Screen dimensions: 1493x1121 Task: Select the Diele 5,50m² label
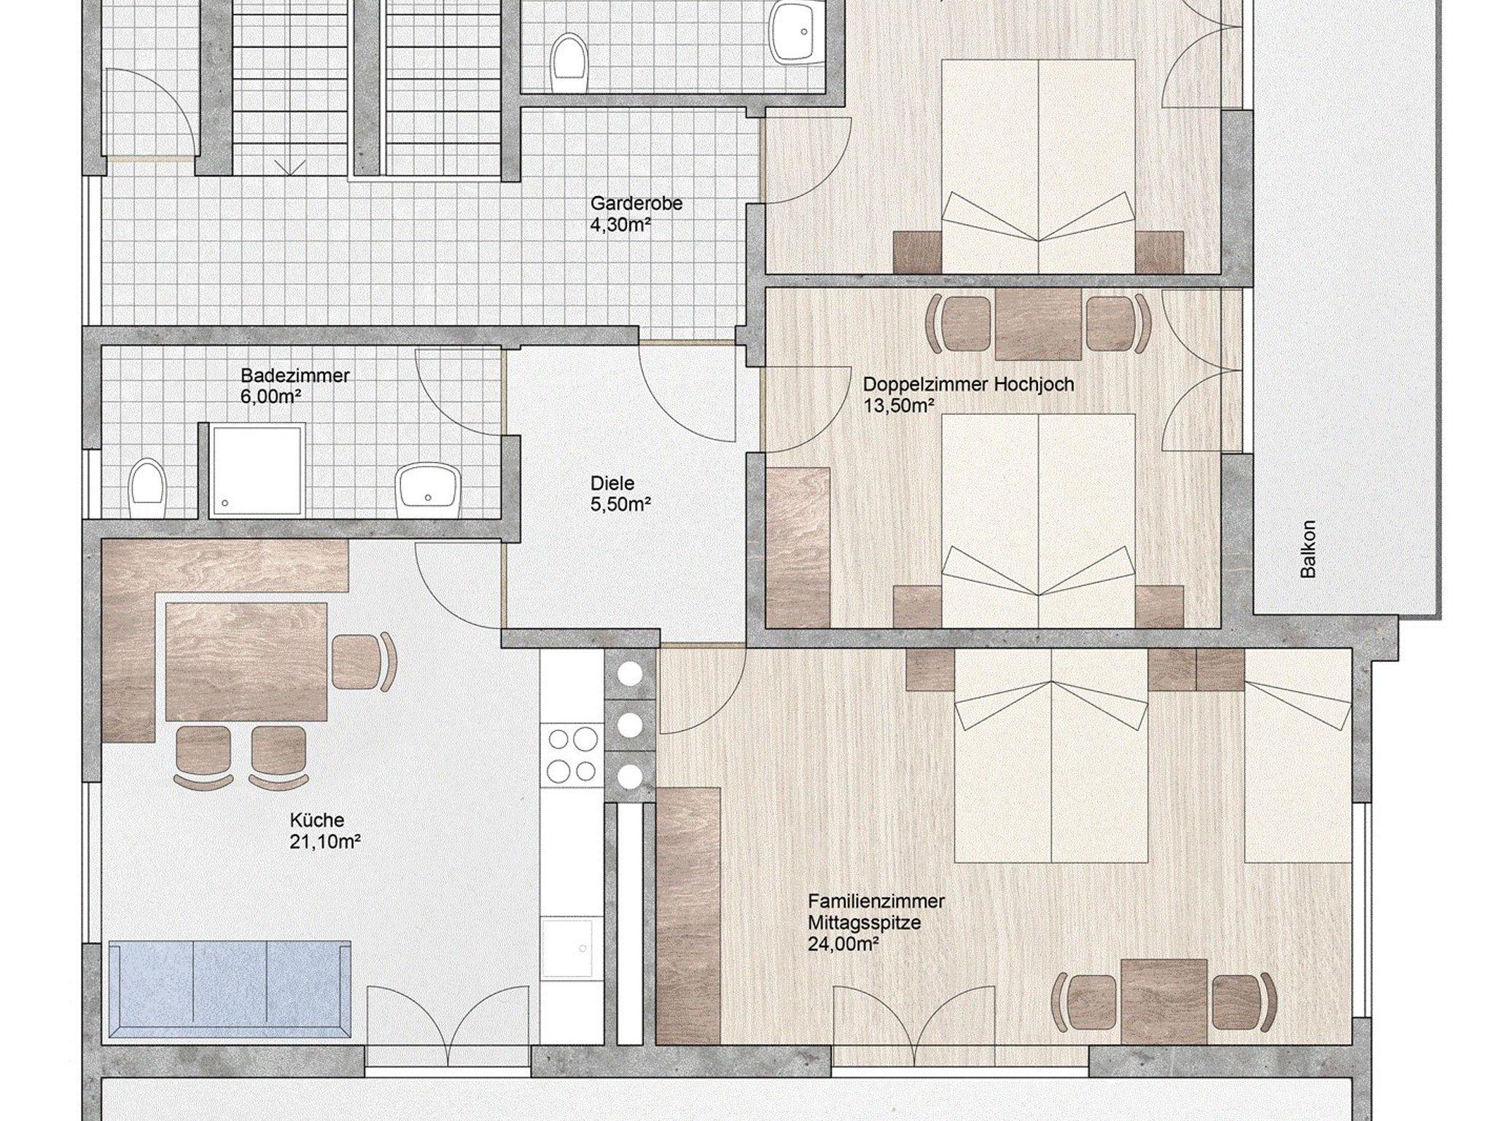pos(620,493)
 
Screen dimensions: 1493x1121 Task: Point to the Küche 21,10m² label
pos(325,831)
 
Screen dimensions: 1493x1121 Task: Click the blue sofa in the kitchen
pos(230,989)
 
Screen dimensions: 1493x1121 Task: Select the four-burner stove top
pos(572,754)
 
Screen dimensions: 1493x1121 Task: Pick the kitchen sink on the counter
pos(572,948)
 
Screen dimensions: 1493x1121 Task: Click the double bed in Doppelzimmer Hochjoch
pos(1039,520)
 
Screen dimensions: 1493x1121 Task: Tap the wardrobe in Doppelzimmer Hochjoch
pos(799,546)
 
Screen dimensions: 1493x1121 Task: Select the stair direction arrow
pos(290,168)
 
